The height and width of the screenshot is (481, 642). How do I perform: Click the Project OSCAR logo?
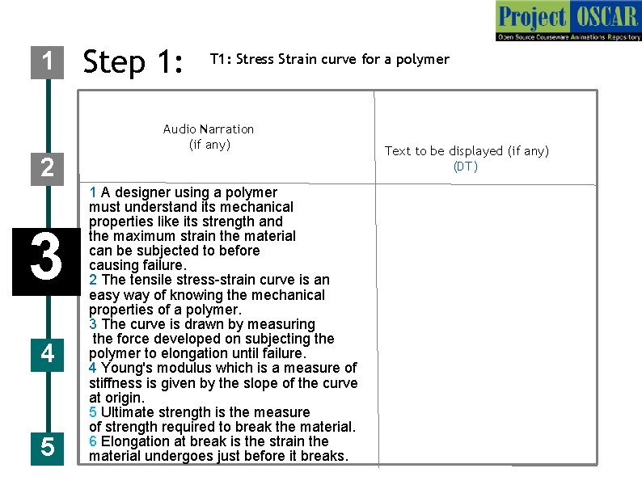point(568,22)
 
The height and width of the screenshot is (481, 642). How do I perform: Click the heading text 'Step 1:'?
point(134,61)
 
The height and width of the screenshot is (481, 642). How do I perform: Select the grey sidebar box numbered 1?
point(48,61)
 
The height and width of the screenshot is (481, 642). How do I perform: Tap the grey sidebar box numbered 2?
point(48,168)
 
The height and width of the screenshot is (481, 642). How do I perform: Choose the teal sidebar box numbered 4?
point(48,353)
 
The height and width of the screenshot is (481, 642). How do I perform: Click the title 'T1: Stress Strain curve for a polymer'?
point(329,59)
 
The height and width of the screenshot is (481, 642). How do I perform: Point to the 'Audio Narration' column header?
point(208,129)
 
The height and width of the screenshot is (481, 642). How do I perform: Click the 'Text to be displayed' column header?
point(466,151)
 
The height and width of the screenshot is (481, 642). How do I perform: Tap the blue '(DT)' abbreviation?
point(466,167)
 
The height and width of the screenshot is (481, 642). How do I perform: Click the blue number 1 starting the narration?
point(93,192)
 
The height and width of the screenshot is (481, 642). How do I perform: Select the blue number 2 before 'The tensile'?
point(93,280)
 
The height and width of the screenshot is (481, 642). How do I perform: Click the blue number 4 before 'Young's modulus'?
point(93,368)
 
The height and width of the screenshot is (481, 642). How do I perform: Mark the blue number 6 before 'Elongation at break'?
point(93,441)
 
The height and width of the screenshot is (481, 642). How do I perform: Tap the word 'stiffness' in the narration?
point(116,383)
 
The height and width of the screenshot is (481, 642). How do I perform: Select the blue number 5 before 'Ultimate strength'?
point(93,412)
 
